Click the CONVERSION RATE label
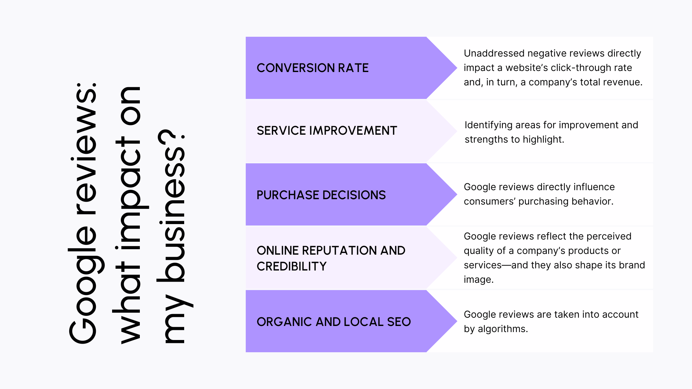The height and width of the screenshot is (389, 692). click(x=312, y=68)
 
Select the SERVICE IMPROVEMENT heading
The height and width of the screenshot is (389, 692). click(x=327, y=130)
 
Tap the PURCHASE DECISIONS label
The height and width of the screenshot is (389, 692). click(x=321, y=195)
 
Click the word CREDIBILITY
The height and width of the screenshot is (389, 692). click(x=291, y=266)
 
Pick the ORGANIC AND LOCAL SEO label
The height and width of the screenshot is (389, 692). click(x=333, y=322)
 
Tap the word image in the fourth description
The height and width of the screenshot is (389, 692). click(x=478, y=280)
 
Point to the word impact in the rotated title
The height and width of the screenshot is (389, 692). click(x=128, y=173)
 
